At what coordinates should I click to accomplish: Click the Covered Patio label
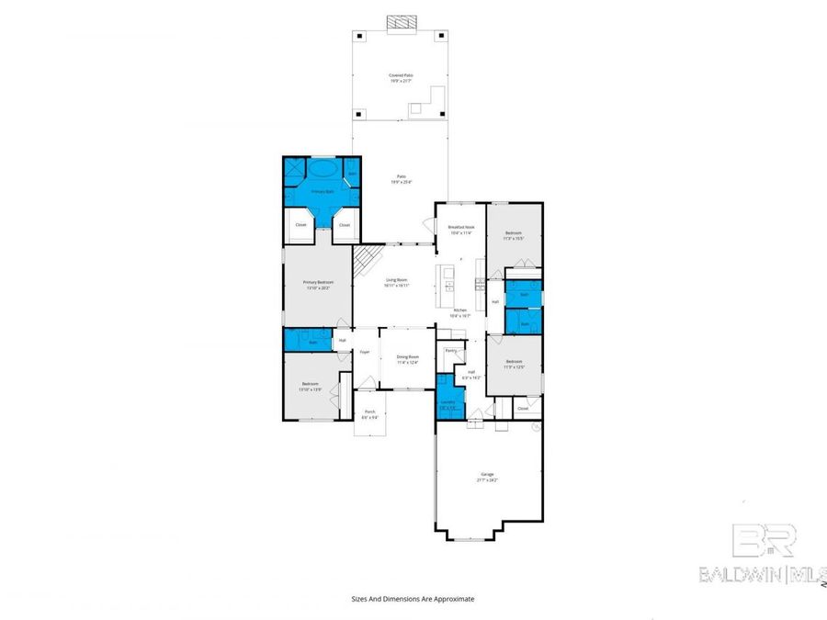point(400,76)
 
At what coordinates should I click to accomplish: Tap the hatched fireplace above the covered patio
point(401,21)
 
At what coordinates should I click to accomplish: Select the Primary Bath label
point(321,192)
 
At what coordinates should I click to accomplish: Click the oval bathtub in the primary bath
point(321,170)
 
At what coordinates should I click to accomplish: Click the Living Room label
point(396,281)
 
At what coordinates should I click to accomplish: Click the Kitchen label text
point(459,310)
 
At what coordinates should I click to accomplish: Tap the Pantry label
point(450,350)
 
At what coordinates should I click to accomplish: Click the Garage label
point(486,476)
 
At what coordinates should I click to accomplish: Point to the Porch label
point(369,412)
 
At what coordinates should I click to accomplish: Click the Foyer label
point(364,352)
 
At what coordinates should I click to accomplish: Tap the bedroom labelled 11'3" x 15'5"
point(513,235)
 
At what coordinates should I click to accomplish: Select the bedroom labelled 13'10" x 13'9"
point(311,386)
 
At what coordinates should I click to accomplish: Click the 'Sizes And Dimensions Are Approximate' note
point(413,598)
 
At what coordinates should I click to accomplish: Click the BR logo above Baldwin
point(763,541)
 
